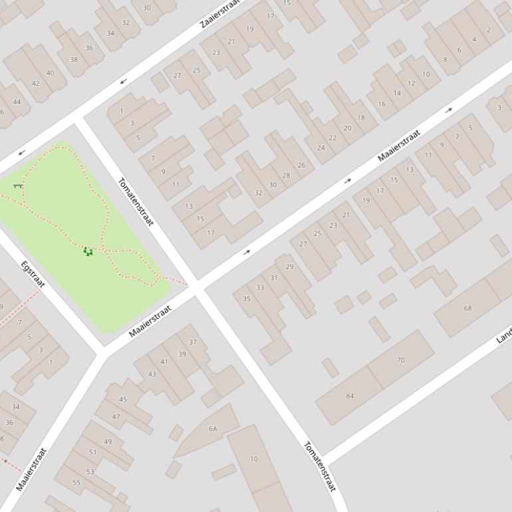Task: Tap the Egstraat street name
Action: point(33,275)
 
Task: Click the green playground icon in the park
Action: point(88,251)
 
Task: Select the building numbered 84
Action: point(350,396)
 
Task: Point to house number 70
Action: point(400,360)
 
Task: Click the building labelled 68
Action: point(467,309)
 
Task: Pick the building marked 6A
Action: point(213,429)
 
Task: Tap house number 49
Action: point(108,442)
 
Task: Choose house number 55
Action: point(76,482)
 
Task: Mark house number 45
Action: point(122,400)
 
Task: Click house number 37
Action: point(192,342)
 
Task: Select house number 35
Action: point(247,299)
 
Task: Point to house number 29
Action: point(289,267)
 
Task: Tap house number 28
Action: point(286,176)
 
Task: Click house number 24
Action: point(320,148)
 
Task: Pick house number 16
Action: point(382,104)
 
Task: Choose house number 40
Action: point(51,73)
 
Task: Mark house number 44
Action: point(17,102)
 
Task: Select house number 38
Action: point(74,60)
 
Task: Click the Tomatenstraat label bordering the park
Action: point(136,201)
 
